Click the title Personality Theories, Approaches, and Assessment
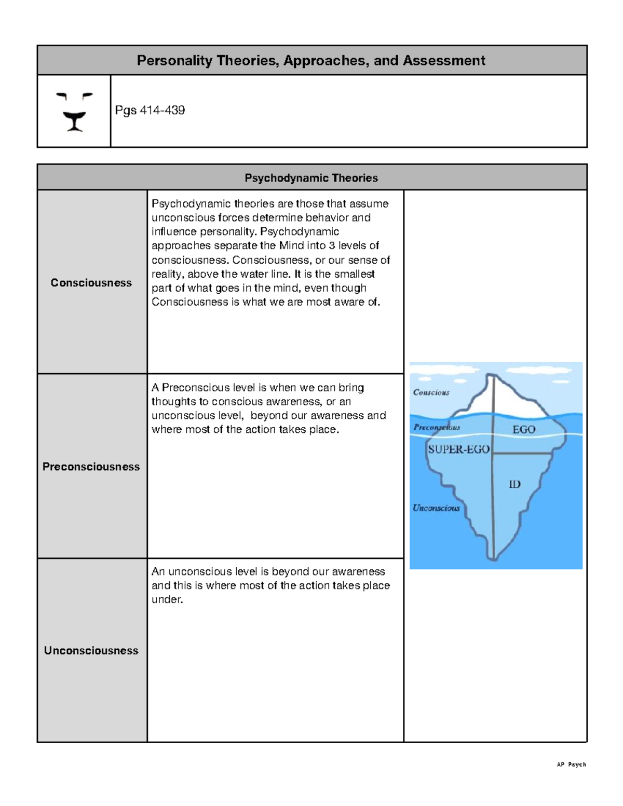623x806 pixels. pos(310,61)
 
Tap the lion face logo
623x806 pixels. pos(74,112)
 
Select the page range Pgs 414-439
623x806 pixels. pos(150,110)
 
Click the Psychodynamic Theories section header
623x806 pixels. pos(311,178)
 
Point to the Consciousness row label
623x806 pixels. pos(91,283)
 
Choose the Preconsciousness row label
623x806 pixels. pos(91,467)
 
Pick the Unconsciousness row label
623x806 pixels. pos(91,650)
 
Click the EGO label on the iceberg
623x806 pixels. pos(523,430)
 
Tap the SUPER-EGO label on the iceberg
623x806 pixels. pos(458,449)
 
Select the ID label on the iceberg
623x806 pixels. pos(514,484)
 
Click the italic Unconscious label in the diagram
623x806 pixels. pos(436,508)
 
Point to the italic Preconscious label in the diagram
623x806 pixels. pos(437,428)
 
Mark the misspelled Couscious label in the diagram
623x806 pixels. pos(431,392)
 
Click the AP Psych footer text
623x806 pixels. pos(571,764)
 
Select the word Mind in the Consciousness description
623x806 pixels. pos(292,245)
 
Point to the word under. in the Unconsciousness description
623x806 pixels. pos(167,599)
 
